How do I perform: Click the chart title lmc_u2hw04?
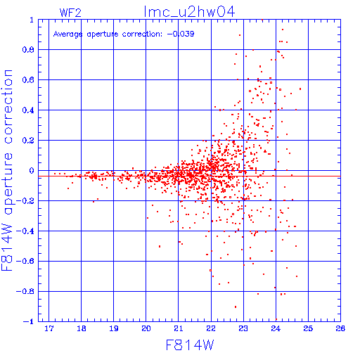coord(189,12)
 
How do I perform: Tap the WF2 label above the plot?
coord(70,13)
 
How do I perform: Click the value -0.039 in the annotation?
coord(181,34)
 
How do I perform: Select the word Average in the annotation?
coord(67,34)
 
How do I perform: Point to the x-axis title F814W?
coord(190,345)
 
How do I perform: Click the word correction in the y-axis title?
coord(8,107)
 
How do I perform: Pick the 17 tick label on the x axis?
coord(49,328)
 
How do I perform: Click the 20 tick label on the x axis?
coord(146,328)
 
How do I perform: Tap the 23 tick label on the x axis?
coord(243,328)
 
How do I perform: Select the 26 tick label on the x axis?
coord(340,328)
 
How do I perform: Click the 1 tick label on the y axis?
coord(32,20)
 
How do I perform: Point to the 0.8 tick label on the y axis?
coord(28,50)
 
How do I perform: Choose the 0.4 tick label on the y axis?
coord(28,110)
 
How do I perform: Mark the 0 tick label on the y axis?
coord(32,171)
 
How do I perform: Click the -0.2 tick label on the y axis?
coord(25,201)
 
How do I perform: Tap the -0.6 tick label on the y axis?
coord(25,261)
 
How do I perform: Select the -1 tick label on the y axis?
coord(28,321)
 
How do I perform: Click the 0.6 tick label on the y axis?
coord(28,80)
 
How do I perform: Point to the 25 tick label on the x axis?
coord(308,328)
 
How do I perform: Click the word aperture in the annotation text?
coord(103,34)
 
